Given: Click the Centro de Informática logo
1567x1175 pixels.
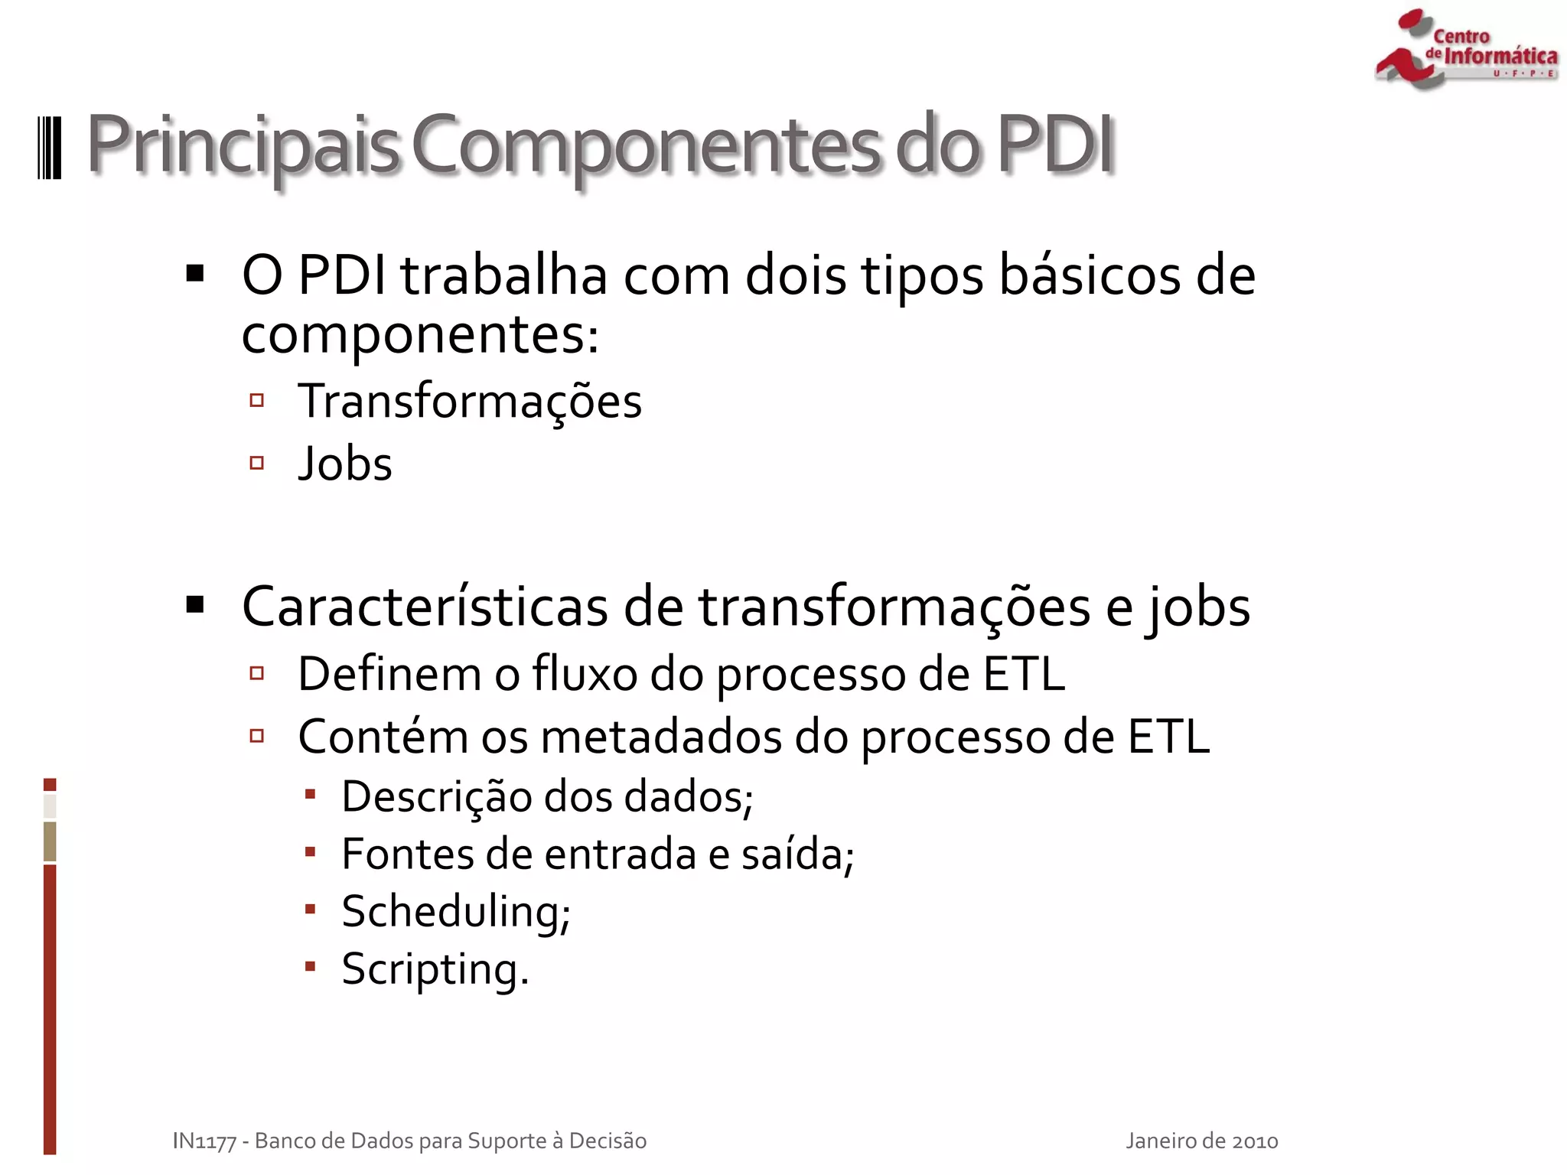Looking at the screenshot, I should pyautogui.click(x=1465, y=49).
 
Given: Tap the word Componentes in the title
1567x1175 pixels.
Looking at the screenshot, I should pyautogui.click(x=647, y=145).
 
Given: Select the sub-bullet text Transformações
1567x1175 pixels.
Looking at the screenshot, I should pyautogui.click(x=470, y=401).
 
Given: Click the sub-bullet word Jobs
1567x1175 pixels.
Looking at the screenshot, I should pyautogui.click(x=345, y=464).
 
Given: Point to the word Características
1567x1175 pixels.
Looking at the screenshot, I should pyautogui.click(x=425, y=607).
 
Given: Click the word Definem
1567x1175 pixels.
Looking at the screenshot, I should pyautogui.click(x=389, y=674).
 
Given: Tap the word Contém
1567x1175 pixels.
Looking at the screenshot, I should pyautogui.click(x=383, y=737).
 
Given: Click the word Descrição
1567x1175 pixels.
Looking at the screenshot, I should pyautogui.click(x=436, y=796).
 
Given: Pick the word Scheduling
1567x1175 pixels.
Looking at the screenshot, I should pyautogui.click(x=456, y=912).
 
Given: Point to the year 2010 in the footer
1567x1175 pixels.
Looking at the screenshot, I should pyautogui.click(x=1254, y=1141).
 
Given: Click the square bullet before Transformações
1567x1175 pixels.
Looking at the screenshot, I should pyautogui.click(x=257, y=400).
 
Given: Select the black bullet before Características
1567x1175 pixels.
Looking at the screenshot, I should pyautogui.click(x=195, y=605).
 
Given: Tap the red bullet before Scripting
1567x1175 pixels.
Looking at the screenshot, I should pyautogui.click(x=310, y=966).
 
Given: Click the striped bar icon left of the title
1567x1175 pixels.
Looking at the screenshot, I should pyautogui.click(x=50, y=147).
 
